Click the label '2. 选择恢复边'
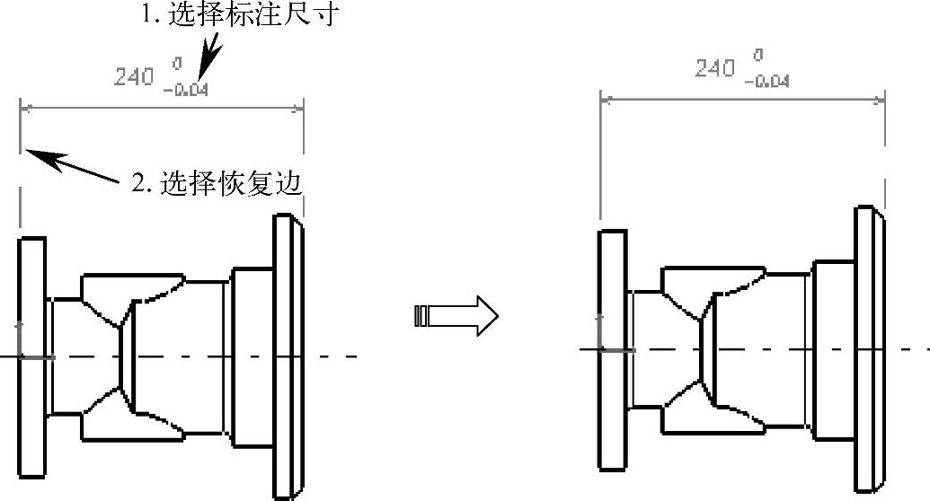point(216,183)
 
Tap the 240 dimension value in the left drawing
point(134,77)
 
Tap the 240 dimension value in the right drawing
point(715,67)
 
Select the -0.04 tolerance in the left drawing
point(186,89)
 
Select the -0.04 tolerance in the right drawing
point(767,81)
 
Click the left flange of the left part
point(31,357)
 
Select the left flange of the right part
point(613,349)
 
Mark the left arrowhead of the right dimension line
point(606,99)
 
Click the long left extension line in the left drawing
point(20,171)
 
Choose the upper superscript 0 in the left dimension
point(178,65)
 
